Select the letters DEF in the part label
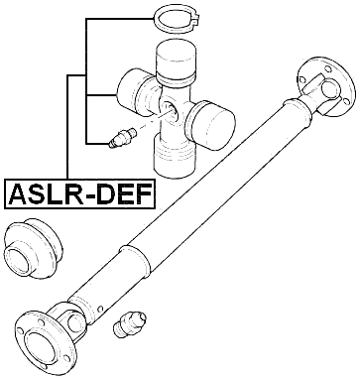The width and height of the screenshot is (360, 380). tap(124, 192)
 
